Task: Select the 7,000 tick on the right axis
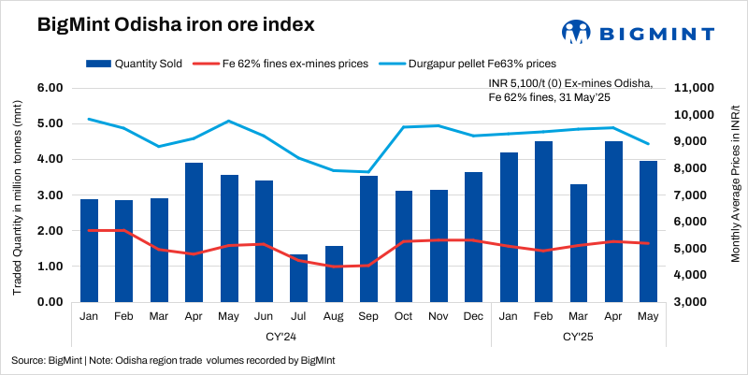click(695, 195)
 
